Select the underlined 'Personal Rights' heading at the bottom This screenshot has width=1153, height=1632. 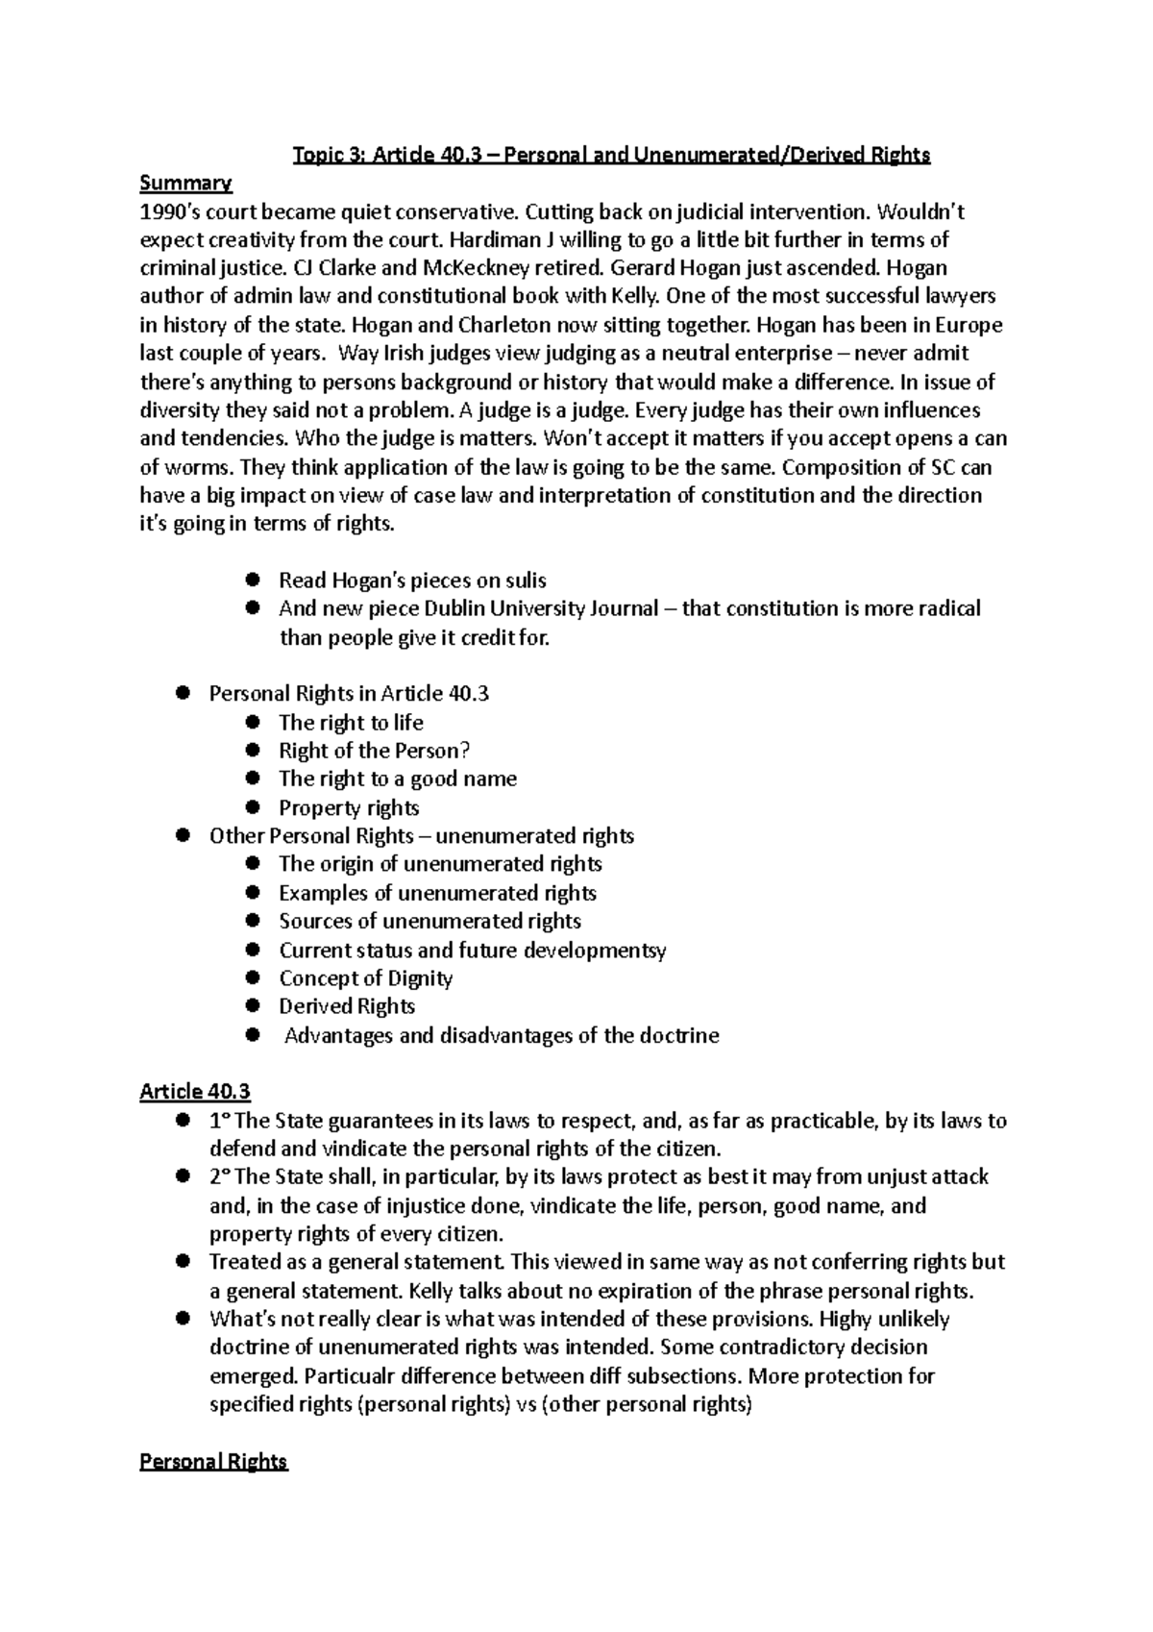(213, 1462)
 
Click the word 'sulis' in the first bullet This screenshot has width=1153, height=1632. (525, 581)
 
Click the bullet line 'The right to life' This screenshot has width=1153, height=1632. (351, 723)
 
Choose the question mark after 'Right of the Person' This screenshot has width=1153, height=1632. (465, 751)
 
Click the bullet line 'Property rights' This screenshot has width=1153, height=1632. (349, 807)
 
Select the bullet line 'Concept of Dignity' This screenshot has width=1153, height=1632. (365, 978)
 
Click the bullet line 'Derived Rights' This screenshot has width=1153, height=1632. (347, 1006)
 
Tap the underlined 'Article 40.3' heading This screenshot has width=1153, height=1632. (195, 1092)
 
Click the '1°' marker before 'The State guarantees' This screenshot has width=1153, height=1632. (220, 1121)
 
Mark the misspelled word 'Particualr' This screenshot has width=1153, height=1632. (257, 1376)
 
